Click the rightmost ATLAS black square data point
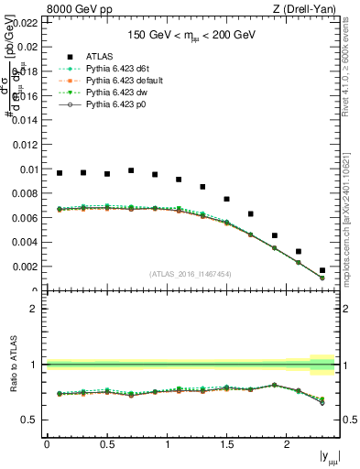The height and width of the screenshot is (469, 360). coord(322,270)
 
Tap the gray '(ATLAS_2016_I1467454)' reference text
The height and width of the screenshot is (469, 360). coord(191,274)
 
